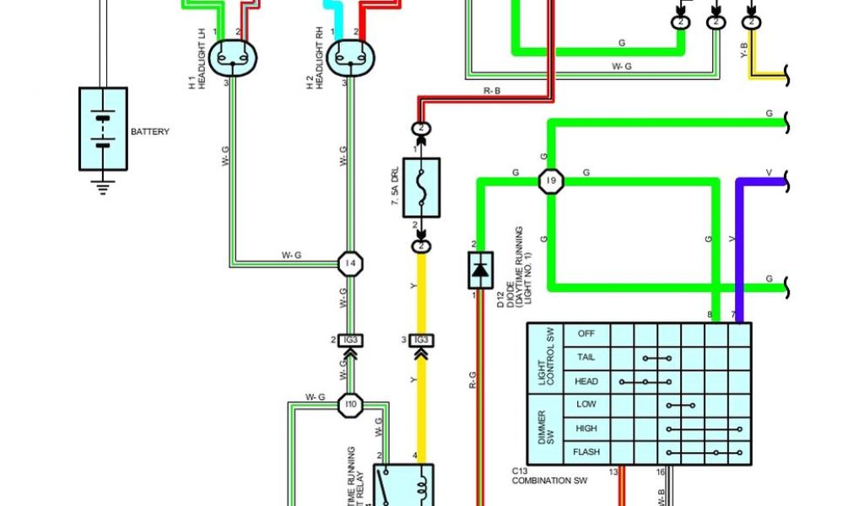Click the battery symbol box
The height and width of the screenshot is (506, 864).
pos(103,129)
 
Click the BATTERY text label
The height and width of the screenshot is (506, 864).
pos(150,132)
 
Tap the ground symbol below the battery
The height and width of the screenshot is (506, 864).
pos(103,187)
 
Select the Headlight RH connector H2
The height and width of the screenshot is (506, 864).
pos(351,58)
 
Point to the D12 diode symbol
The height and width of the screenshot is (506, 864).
pos(480,270)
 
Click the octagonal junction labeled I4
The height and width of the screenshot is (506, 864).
pos(351,263)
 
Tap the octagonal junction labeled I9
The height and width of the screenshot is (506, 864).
pos(551,180)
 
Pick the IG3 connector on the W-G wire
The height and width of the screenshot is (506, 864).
pos(351,340)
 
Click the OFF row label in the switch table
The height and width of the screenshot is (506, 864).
pos(586,334)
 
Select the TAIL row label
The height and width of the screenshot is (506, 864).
pos(586,358)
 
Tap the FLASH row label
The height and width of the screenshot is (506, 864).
pos(586,452)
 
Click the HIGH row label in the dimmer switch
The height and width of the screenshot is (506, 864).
pos(586,428)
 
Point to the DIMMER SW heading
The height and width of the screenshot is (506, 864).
pos(546,428)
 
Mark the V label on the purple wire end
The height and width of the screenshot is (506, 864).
pos(768,173)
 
